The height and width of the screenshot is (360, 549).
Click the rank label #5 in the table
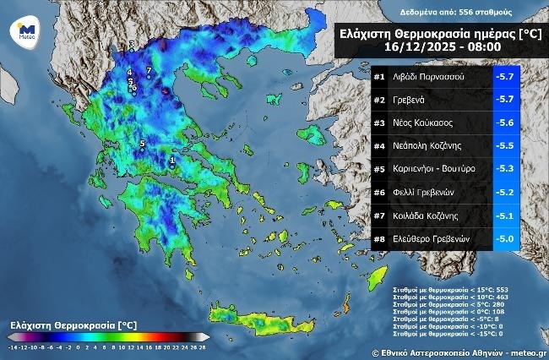click(379, 169)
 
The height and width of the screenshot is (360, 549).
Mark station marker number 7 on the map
click(149, 70)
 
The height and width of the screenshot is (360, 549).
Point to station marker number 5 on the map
click(142, 143)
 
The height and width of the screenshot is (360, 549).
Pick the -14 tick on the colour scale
click(14, 346)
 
